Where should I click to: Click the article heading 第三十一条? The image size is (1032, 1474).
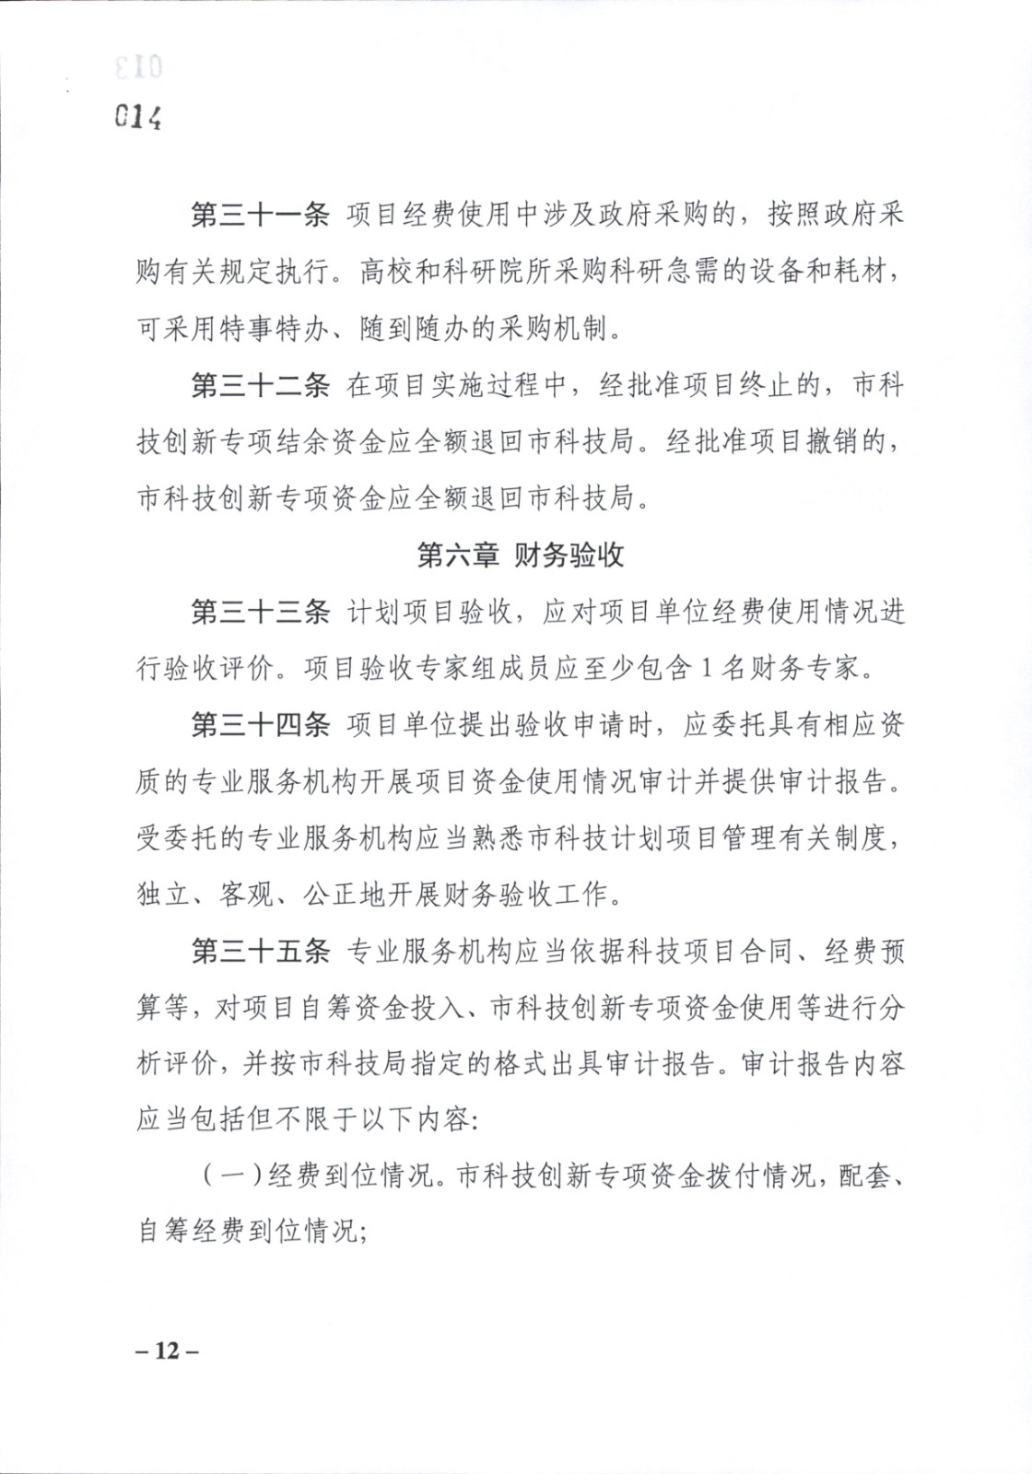260,215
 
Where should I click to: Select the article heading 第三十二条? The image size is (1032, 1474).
260,385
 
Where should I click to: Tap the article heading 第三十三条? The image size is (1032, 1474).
260,612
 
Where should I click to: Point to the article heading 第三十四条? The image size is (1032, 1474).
260,725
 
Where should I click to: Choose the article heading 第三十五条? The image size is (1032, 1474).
260,951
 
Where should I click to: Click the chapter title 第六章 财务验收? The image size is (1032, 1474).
520,556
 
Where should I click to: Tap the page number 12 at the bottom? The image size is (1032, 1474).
167,1351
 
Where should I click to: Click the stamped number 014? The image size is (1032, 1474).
138,117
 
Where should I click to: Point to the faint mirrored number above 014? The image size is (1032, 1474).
138,67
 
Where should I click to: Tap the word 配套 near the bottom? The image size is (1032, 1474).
865,1176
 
